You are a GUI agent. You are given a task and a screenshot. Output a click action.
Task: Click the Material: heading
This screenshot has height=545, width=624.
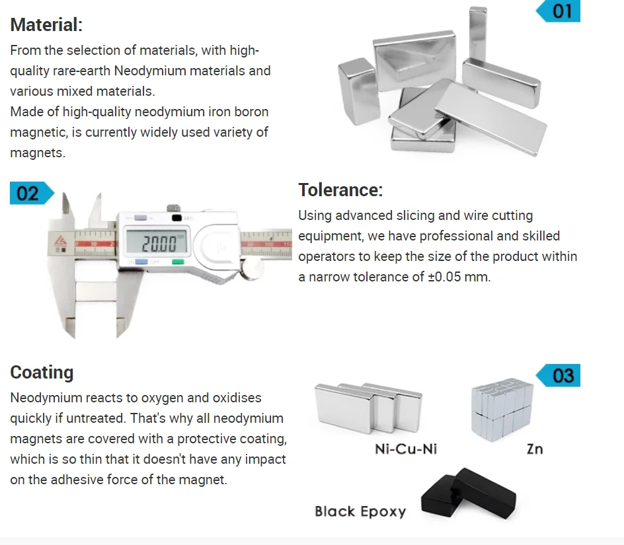pyautogui.click(x=46, y=25)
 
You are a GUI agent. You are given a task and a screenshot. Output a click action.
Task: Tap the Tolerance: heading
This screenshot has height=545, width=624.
pyautogui.click(x=340, y=190)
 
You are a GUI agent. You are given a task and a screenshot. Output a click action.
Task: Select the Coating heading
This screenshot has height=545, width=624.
pyautogui.click(x=42, y=373)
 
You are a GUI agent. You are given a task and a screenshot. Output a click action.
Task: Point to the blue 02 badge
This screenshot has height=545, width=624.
pyautogui.click(x=30, y=193)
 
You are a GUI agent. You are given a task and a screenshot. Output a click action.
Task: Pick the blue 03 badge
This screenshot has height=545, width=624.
pyautogui.click(x=560, y=376)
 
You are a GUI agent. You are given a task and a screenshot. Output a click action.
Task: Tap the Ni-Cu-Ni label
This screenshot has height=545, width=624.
pyautogui.click(x=406, y=449)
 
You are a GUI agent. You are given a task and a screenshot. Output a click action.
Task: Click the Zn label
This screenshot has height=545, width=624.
pyautogui.click(x=534, y=449)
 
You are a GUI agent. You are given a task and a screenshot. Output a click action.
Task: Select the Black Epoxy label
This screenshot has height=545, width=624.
pyautogui.click(x=360, y=511)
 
